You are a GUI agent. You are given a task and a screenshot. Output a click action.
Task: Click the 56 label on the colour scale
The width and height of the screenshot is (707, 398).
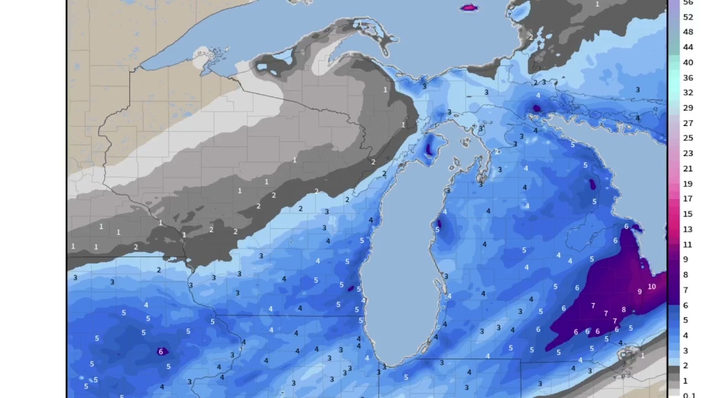point(688,2)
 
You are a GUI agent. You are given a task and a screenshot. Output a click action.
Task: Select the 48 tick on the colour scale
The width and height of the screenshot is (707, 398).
point(688,32)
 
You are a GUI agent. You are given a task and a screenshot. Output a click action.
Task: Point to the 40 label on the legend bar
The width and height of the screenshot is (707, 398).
point(688,62)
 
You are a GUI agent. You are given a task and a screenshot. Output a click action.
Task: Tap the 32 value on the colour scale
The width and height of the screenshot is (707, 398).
point(688,93)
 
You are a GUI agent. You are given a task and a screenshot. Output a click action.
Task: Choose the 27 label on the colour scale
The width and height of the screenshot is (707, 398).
point(688,123)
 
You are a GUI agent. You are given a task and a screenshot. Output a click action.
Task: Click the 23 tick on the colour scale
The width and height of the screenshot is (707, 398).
point(688,154)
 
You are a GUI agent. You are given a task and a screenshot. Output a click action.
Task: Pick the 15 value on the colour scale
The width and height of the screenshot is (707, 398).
point(688,214)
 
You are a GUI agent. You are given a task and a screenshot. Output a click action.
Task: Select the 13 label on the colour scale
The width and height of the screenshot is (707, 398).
point(688,229)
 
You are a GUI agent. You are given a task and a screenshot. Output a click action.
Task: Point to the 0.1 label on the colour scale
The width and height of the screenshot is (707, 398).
point(689,395)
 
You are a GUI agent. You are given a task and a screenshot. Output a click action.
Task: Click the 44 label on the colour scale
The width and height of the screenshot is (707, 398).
point(688,48)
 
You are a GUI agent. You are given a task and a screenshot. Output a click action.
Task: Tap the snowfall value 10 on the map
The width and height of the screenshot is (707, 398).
point(652,286)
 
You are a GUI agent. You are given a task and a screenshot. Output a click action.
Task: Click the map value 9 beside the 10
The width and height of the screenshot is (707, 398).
point(639,291)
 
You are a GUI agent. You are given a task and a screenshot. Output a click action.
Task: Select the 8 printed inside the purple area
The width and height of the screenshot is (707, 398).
point(624,310)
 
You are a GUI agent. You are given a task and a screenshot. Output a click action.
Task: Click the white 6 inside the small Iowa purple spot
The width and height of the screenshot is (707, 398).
point(161,352)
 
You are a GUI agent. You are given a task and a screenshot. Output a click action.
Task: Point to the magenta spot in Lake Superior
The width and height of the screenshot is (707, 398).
point(468,8)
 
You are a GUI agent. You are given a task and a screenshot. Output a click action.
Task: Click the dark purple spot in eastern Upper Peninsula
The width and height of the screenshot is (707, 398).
point(536,108)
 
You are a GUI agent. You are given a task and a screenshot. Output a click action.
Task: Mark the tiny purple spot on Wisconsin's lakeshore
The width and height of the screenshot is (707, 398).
point(351,288)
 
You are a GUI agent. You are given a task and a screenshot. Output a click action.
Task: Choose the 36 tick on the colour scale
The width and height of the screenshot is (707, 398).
point(688,78)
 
